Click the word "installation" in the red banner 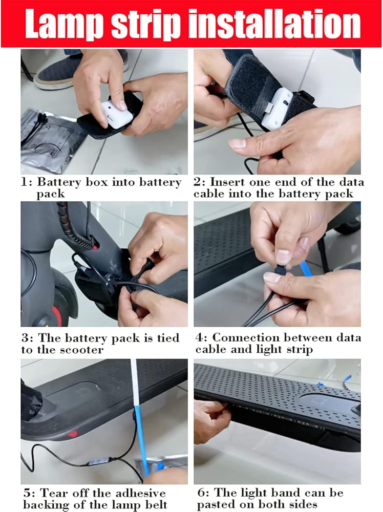[x=275, y=24]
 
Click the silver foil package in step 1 [x=49, y=141]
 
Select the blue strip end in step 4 [x=305, y=268]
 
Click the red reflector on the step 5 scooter [x=73, y=434]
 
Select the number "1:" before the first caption [x=27, y=182]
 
